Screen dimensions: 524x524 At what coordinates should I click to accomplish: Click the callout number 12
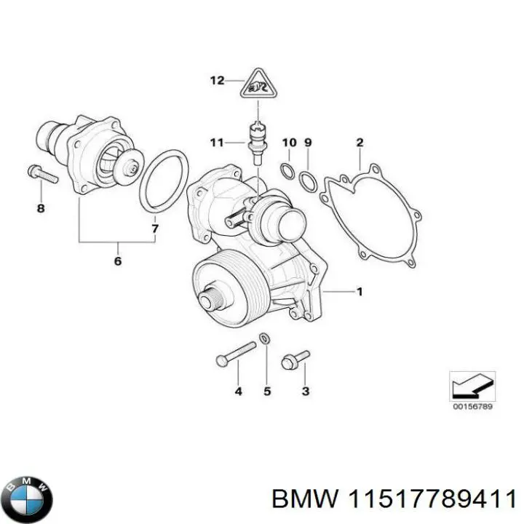pos(218,81)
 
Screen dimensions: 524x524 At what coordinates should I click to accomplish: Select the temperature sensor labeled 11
pos(257,138)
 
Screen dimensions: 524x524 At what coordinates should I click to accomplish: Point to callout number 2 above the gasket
pos(360,142)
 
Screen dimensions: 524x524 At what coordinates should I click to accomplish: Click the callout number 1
pos(359,293)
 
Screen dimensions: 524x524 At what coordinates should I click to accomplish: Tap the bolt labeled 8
pos(36,173)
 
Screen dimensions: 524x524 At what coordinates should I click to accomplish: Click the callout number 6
pos(118,261)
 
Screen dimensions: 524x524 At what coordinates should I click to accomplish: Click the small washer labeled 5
pos(265,338)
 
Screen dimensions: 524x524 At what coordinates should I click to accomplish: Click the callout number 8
pos(41,209)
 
